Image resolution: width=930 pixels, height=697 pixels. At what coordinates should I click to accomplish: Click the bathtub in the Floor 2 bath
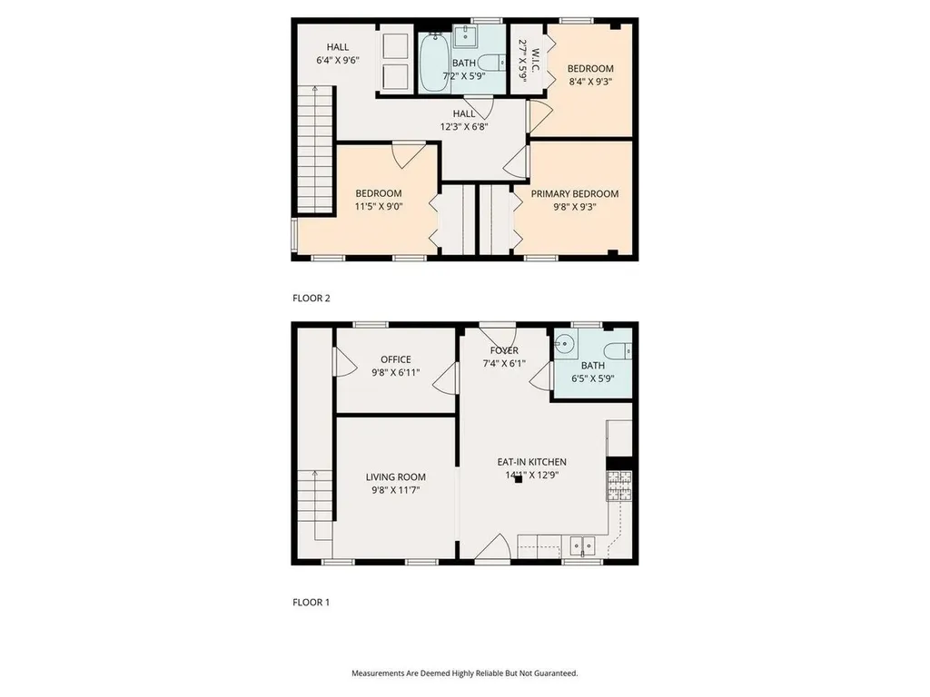click(434, 63)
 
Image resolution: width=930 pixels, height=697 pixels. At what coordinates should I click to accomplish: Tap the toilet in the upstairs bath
click(491, 63)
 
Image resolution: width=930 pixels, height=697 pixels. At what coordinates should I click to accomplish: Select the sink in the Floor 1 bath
click(565, 342)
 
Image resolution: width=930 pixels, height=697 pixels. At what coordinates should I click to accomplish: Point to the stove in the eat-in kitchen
click(618, 486)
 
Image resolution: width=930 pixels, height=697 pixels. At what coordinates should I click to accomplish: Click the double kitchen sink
click(582, 545)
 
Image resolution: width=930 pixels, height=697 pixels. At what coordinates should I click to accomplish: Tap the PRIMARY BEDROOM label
click(574, 194)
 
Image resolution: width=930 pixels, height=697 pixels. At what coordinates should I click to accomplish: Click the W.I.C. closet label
click(535, 61)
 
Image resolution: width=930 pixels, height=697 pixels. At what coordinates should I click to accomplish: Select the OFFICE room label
click(396, 359)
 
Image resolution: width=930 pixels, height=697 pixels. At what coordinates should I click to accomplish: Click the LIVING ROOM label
click(396, 477)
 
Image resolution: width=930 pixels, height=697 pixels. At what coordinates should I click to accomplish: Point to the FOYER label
click(504, 350)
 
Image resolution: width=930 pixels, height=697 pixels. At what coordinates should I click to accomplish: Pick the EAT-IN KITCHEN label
click(531, 462)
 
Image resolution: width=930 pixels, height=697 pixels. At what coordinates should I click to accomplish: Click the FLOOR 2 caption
click(312, 298)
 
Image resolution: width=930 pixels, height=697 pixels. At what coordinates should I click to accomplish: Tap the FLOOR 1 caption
click(311, 603)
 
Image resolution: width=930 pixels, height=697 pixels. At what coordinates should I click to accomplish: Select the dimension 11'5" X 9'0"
click(379, 207)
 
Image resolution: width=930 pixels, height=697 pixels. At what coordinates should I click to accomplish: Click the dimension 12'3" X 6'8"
click(464, 126)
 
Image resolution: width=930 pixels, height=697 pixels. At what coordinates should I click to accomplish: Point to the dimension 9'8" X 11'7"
click(396, 490)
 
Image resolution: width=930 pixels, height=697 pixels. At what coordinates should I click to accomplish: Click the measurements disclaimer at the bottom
click(464, 673)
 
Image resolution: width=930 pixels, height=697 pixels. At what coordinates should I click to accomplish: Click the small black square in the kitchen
click(519, 480)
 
